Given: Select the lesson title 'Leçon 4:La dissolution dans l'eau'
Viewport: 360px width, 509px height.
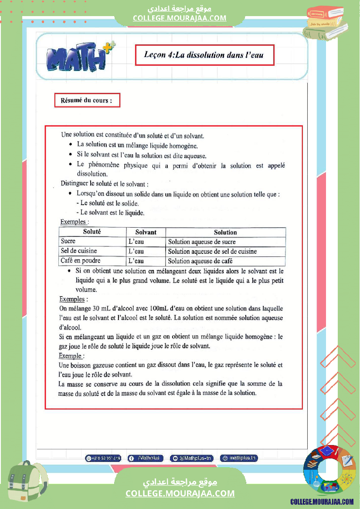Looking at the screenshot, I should pos(204,55).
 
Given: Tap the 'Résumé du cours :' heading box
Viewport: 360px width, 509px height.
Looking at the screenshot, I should pos(87,101).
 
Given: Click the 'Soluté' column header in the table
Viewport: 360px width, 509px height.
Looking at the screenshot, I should pos(92,232).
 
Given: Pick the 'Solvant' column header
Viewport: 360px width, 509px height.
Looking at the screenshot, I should pos(146,233).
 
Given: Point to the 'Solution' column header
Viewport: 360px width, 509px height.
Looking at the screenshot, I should pos(225,233).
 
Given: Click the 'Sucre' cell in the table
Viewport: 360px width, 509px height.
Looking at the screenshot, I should pos(68,241).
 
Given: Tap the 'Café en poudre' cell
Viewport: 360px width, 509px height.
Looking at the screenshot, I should pos(80,261).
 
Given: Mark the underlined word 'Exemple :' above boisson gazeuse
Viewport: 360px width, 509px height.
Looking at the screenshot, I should pos(71,356).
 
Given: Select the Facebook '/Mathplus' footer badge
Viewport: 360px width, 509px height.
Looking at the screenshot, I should pos(146,458).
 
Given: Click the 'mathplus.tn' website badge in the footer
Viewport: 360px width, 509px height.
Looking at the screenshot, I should pos(239,458).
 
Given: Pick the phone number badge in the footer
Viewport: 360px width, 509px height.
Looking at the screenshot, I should pos(103,458).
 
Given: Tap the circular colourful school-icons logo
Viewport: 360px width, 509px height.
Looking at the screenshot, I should pos(329,470).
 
